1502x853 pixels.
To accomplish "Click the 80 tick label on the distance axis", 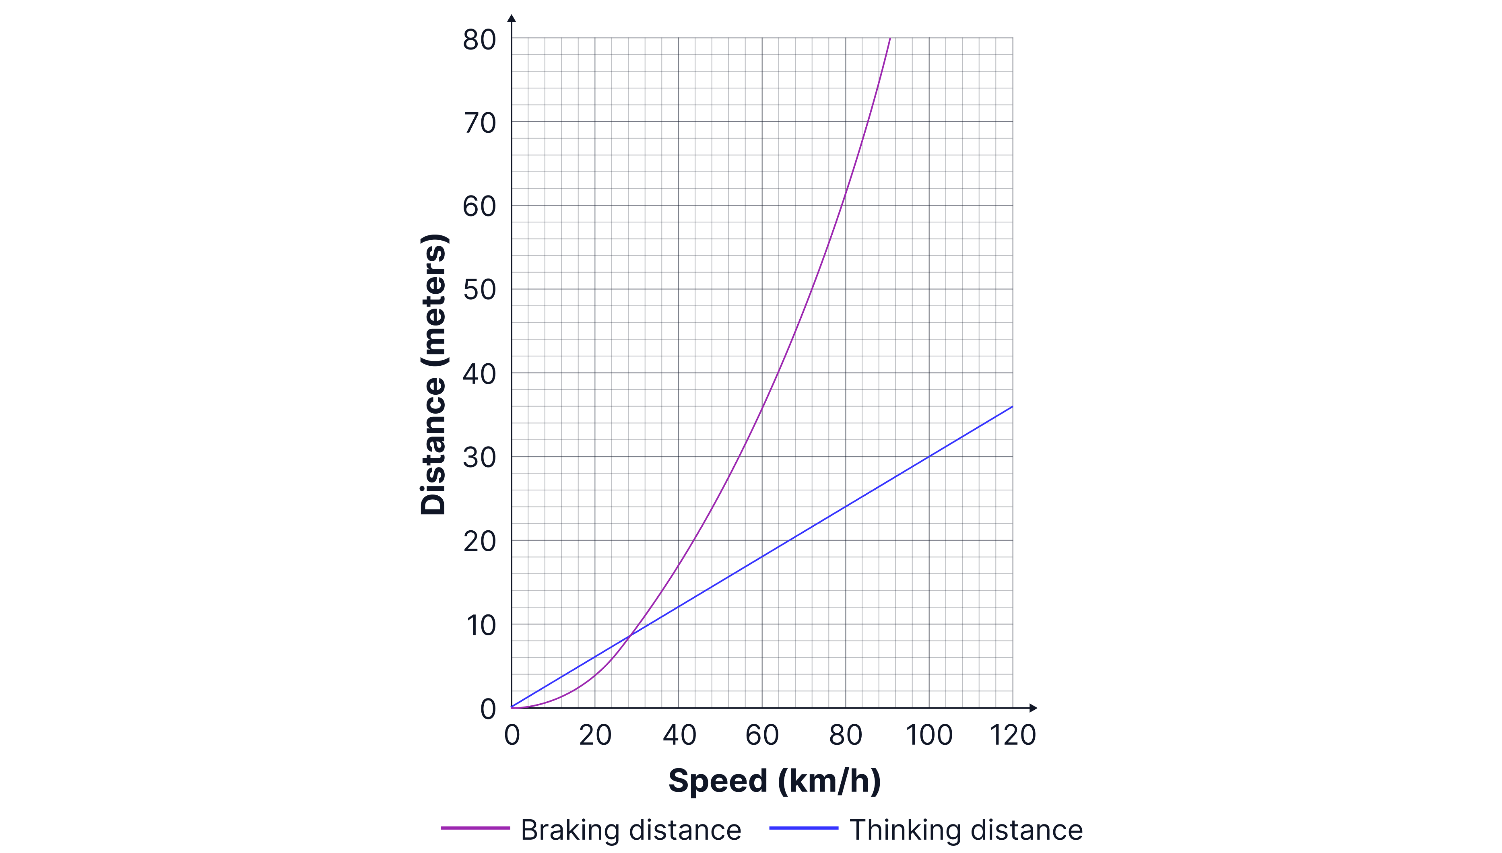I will [479, 40].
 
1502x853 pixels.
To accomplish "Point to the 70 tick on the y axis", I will [479, 124].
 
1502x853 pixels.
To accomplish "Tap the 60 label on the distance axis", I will [479, 207].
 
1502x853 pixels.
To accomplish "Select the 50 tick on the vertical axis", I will [479, 290].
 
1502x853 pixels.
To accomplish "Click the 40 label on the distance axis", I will [479, 374].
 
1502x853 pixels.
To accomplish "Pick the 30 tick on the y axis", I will [479, 457].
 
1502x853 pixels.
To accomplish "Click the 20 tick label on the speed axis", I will [595, 735].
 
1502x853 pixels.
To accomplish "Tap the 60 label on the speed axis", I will [762, 735].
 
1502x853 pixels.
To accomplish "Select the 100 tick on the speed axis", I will [929, 735].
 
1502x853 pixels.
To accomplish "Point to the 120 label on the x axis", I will [1013, 735].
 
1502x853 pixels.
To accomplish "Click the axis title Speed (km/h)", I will [774, 781].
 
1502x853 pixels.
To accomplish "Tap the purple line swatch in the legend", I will [475, 828].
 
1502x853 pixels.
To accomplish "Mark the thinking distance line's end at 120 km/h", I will [1012, 406].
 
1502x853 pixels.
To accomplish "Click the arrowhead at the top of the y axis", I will [512, 18].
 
